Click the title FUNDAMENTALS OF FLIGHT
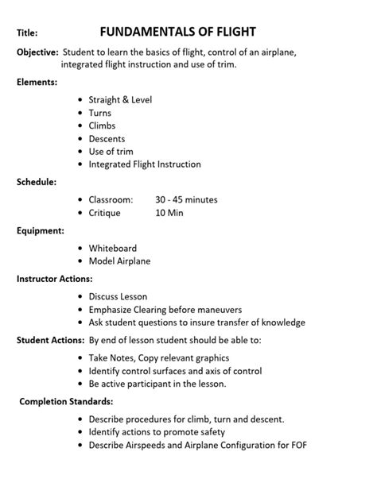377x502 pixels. [177, 32]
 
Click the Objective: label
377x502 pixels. [37, 52]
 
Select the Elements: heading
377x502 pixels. [37, 82]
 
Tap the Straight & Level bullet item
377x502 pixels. [120, 100]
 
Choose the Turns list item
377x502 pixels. [100, 113]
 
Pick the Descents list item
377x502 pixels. [107, 139]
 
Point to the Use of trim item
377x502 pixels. [111, 152]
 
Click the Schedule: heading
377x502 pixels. [37, 182]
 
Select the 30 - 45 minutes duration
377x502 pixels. [186, 200]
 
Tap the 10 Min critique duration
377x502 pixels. [170, 213]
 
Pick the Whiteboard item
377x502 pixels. [113, 248]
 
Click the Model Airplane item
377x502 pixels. [119, 261]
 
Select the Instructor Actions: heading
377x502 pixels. [55, 279]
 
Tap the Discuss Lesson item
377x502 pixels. [118, 297]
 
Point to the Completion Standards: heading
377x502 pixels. [66, 401]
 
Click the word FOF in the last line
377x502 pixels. [297, 445]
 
